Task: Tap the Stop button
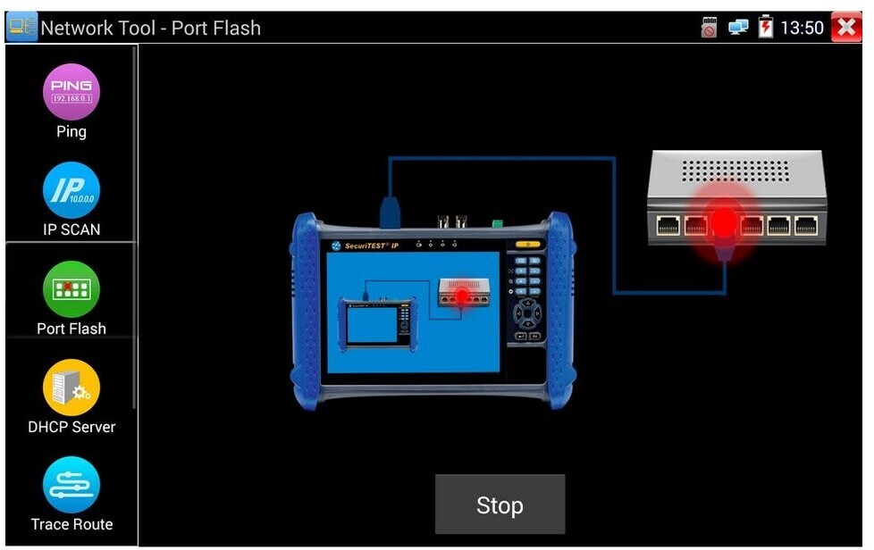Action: pyautogui.click(x=500, y=504)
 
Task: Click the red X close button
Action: pyautogui.click(x=845, y=28)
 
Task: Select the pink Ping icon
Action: pyautogui.click(x=71, y=92)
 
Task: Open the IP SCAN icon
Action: pyautogui.click(x=71, y=190)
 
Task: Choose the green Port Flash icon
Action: pyautogui.click(x=71, y=289)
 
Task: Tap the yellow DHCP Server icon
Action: pyautogui.click(x=71, y=387)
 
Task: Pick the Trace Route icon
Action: pyautogui.click(x=71, y=485)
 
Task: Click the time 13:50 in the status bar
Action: pyautogui.click(x=802, y=28)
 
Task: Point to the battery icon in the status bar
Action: pyautogui.click(x=766, y=28)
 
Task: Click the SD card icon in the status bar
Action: pyautogui.click(x=710, y=28)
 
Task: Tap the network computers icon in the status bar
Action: pyautogui.click(x=738, y=28)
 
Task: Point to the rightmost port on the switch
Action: pyautogui.click(x=807, y=225)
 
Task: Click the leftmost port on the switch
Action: pyautogui.click(x=668, y=225)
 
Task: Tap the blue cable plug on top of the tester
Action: pyautogui.click(x=390, y=212)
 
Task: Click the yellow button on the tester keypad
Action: pyautogui.click(x=529, y=244)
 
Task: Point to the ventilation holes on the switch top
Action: pyautogui.click(x=735, y=170)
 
